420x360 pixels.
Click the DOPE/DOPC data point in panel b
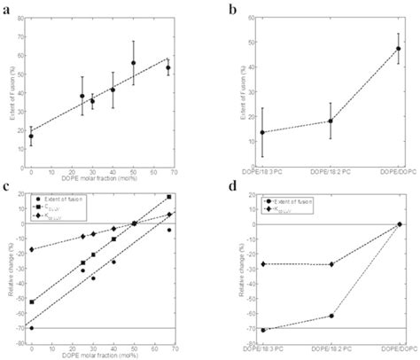[399, 49]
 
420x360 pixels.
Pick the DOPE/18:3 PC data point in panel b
[262, 133]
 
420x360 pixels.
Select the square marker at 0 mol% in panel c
[32, 302]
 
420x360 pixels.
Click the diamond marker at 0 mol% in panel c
[32, 249]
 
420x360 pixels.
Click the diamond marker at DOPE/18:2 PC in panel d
[331, 264]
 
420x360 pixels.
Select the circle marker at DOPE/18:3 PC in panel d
[262, 330]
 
